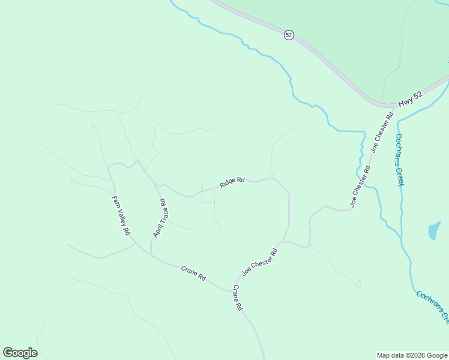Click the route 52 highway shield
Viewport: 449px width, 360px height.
[x=289, y=35]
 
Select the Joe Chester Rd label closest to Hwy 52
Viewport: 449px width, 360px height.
[x=382, y=131]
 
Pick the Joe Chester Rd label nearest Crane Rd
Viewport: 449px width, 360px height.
[x=259, y=262]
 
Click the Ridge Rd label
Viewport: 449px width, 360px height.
[x=232, y=182]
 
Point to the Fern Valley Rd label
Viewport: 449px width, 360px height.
[x=121, y=215]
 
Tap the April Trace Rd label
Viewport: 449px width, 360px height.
[x=160, y=218]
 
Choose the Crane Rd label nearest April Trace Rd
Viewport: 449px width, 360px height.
[x=193, y=274]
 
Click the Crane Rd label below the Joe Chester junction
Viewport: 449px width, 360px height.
[x=237, y=297]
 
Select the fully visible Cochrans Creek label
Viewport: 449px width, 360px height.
[x=399, y=159]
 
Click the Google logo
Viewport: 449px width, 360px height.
[x=20, y=353]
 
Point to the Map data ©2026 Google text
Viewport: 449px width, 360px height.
[x=411, y=355]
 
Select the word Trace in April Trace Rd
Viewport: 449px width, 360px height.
[x=160, y=217]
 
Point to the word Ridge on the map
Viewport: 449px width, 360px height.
[x=227, y=184]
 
